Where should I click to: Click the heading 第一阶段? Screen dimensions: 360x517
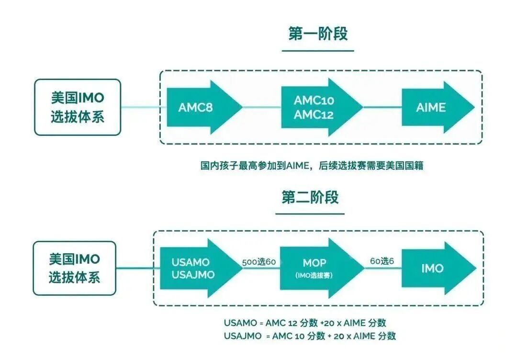tap(317, 34)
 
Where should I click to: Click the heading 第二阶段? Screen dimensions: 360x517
tap(310, 197)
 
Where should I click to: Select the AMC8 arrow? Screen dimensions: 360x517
tap(201, 108)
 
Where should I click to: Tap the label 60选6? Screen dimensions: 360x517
tap(382, 262)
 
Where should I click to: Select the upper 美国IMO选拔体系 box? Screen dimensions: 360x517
tap(77, 107)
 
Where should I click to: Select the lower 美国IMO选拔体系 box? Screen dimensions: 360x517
tap(74, 268)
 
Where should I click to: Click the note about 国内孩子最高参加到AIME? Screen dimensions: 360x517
tap(312, 166)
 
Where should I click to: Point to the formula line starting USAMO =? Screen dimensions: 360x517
tap(305, 323)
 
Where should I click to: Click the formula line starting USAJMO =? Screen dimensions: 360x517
tap(309, 336)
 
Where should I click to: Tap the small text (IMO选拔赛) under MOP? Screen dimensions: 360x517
tap(315, 276)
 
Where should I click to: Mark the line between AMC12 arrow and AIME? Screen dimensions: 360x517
tap(382, 108)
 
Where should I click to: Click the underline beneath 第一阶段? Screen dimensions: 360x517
tap(317, 50)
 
